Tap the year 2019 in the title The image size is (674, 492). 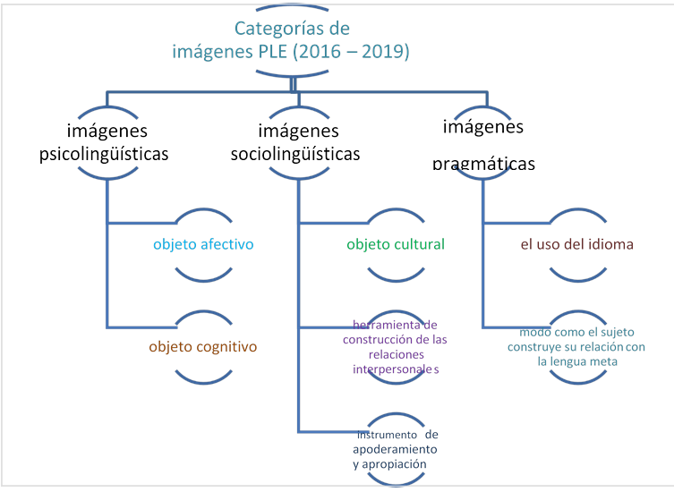tap(387, 51)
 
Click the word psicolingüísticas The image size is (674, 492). tap(105, 154)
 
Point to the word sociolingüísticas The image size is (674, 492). tap(295, 154)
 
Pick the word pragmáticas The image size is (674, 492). tap(484, 165)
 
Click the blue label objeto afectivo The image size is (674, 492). tap(203, 243)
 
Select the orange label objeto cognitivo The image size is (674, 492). tap(205, 346)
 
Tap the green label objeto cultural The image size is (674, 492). tap(397, 243)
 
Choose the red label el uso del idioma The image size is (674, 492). tap(576, 243)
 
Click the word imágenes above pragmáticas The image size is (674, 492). tap(484, 127)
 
